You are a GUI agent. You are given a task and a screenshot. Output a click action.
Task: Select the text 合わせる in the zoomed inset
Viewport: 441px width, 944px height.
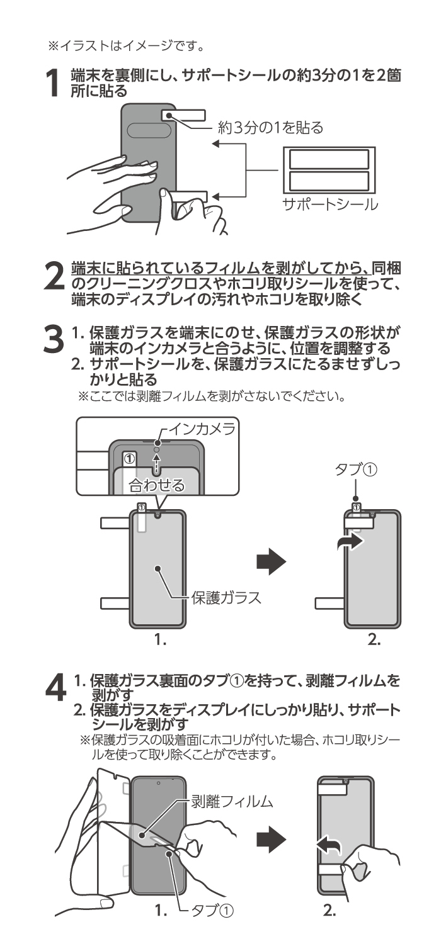pos(157,485)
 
